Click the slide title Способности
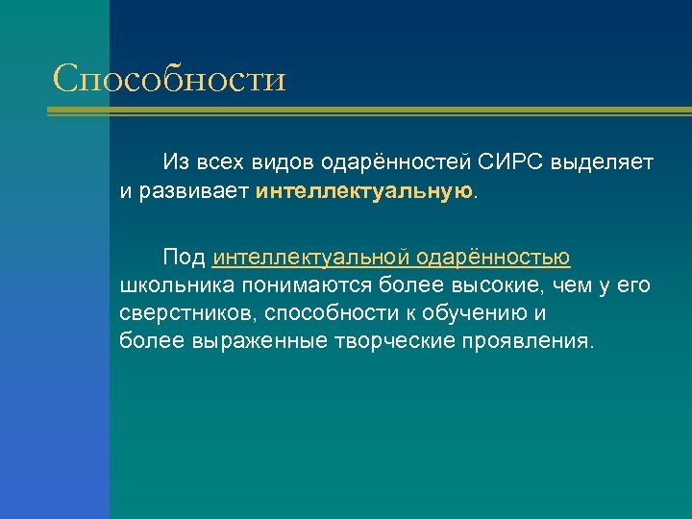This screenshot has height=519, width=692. click(x=170, y=78)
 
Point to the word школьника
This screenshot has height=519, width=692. click(x=178, y=285)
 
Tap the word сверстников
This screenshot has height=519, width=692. click(x=188, y=313)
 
